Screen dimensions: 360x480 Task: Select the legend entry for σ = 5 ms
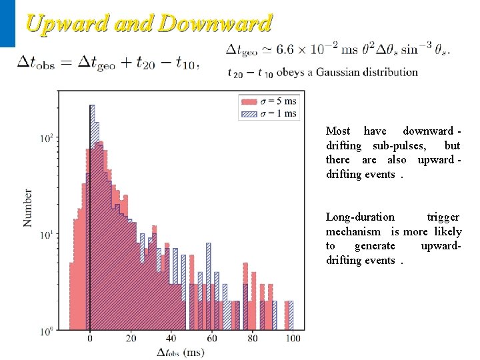coord(268,101)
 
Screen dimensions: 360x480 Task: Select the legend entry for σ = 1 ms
coord(268,113)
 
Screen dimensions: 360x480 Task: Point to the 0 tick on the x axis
coord(91,338)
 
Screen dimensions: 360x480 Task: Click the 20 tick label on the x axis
coord(131,338)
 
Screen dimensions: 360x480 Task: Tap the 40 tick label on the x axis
coord(171,338)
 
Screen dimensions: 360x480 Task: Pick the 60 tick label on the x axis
coord(212,338)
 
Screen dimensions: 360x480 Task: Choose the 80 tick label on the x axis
coord(253,338)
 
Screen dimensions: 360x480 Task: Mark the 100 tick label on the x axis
coord(293,338)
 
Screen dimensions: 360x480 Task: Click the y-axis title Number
coord(28,207)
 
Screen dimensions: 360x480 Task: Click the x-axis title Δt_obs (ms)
coord(181,351)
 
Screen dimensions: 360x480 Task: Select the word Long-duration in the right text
coord(360,217)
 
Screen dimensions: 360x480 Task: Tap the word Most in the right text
coord(337,131)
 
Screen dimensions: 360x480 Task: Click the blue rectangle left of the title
coord(7,23)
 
